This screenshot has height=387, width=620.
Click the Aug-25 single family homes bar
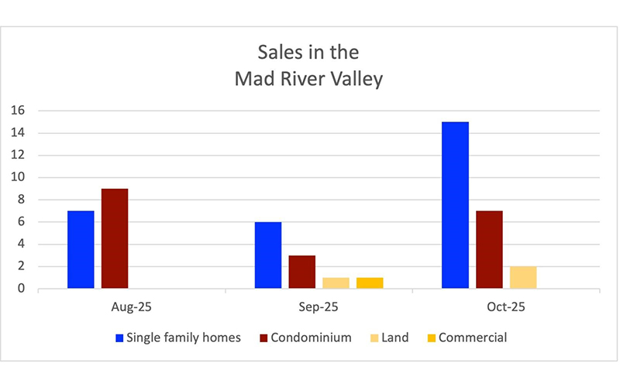pyautogui.click(x=81, y=250)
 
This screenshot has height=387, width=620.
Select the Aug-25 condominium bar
pyautogui.click(x=114, y=239)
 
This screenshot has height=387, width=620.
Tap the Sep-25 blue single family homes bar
pyautogui.click(x=268, y=255)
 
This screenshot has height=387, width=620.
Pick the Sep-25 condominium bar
pyautogui.click(x=302, y=272)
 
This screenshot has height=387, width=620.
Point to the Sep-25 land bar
pyautogui.click(x=336, y=283)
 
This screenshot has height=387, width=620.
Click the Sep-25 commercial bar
pyautogui.click(x=370, y=283)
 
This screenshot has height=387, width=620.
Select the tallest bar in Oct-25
pyautogui.click(x=455, y=205)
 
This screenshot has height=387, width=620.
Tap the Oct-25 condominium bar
pyautogui.click(x=489, y=250)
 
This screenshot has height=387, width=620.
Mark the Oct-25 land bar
pyautogui.click(x=523, y=278)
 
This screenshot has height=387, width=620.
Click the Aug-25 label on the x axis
pyautogui.click(x=131, y=307)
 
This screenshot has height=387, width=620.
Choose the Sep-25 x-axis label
pyautogui.click(x=319, y=307)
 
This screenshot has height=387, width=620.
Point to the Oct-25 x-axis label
pyautogui.click(x=505, y=307)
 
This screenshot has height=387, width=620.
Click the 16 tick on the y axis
pyautogui.click(x=18, y=111)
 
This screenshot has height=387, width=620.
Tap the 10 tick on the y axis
pyautogui.click(x=18, y=177)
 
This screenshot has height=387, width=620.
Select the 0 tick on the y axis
pyautogui.click(x=21, y=289)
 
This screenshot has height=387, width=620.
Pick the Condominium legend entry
pyautogui.click(x=312, y=337)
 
